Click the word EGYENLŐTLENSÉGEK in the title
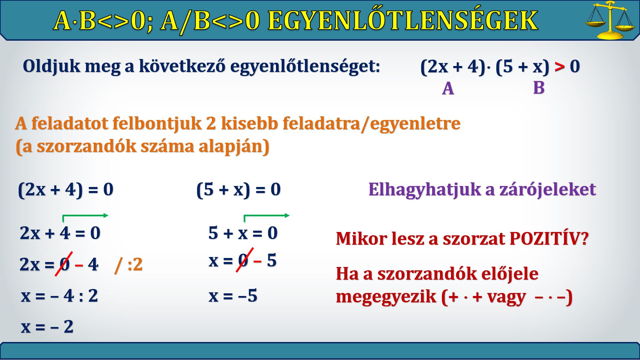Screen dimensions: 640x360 pyautogui.click(x=403, y=20)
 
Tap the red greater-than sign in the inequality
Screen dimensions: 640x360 pyautogui.click(x=560, y=66)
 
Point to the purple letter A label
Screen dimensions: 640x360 pyautogui.click(x=448, y=89)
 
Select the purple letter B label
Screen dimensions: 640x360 pyautogui.click(x=539, y=88)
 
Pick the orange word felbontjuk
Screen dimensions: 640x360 pyautogui.click(x=156, y=124)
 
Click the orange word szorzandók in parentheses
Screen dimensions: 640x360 pyautogui.click(x=86, y=146)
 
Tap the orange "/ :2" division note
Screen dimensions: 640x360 pyautogui.click(x=128, y=265)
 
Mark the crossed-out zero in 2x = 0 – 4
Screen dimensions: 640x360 pyautogui.click(x=64, y=264)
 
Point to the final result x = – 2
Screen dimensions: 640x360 pyautogui.click(x=47, y=327)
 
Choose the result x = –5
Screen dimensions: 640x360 pyautogui.click(x=233, y=296)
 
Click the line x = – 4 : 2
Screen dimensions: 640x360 pyautogui.click(x=59, y=296)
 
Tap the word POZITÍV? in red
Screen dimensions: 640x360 pyautogui.click(x=549, y=239)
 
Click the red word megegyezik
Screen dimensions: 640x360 pyautogui.click(x=386, y=297)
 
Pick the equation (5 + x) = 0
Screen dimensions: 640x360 pyautogui.click(x=238, y=190)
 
